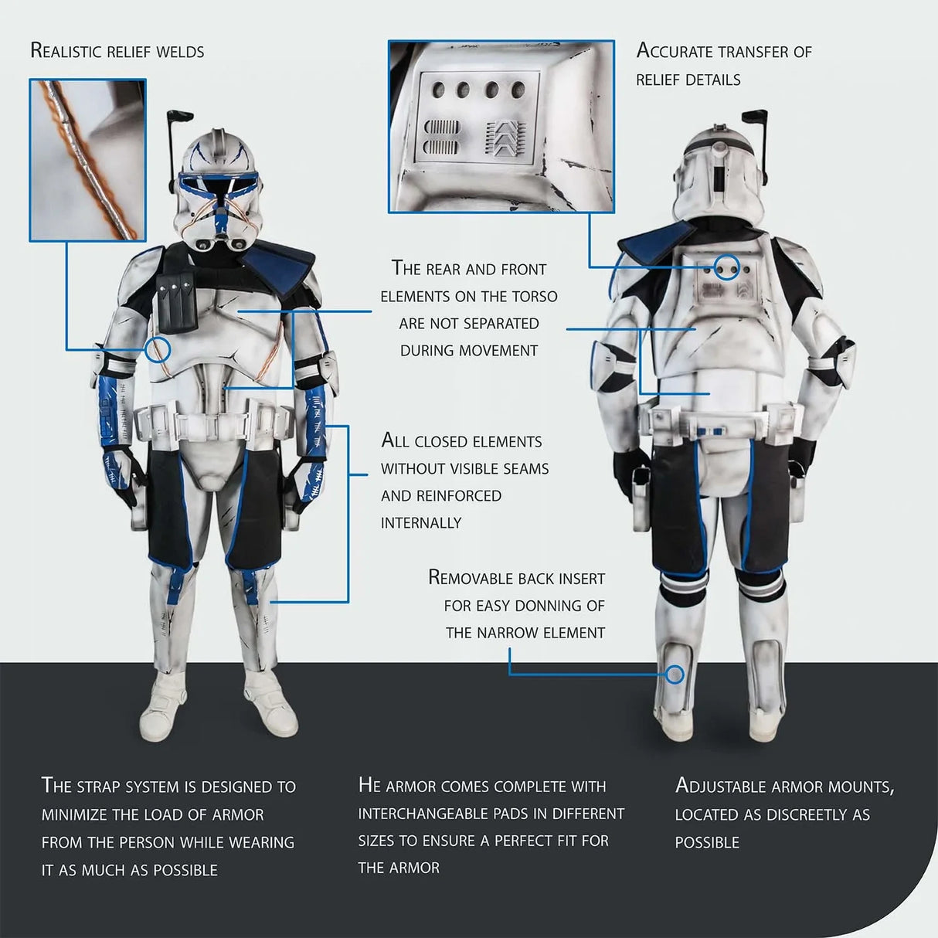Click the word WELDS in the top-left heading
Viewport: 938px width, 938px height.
click(180, 52)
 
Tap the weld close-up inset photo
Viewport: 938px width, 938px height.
click(87, 160)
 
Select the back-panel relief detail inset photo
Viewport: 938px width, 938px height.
click(501, 126)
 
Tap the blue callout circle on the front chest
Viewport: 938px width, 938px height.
click(158, 348)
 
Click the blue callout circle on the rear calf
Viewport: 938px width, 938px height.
click(675, 675)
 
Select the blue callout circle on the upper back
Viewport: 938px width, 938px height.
click(726, 267)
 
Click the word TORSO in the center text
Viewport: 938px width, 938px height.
click(534, 297)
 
